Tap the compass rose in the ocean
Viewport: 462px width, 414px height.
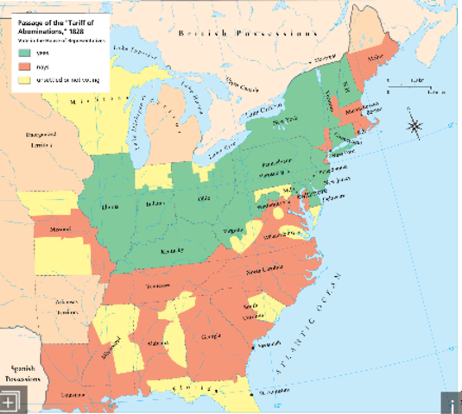point(415,126)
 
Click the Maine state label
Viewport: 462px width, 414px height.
point(376,60)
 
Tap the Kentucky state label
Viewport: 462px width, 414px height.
point(174,250)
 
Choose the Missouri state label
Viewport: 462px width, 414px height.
point(61,230)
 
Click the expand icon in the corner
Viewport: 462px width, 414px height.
point(9,403)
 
